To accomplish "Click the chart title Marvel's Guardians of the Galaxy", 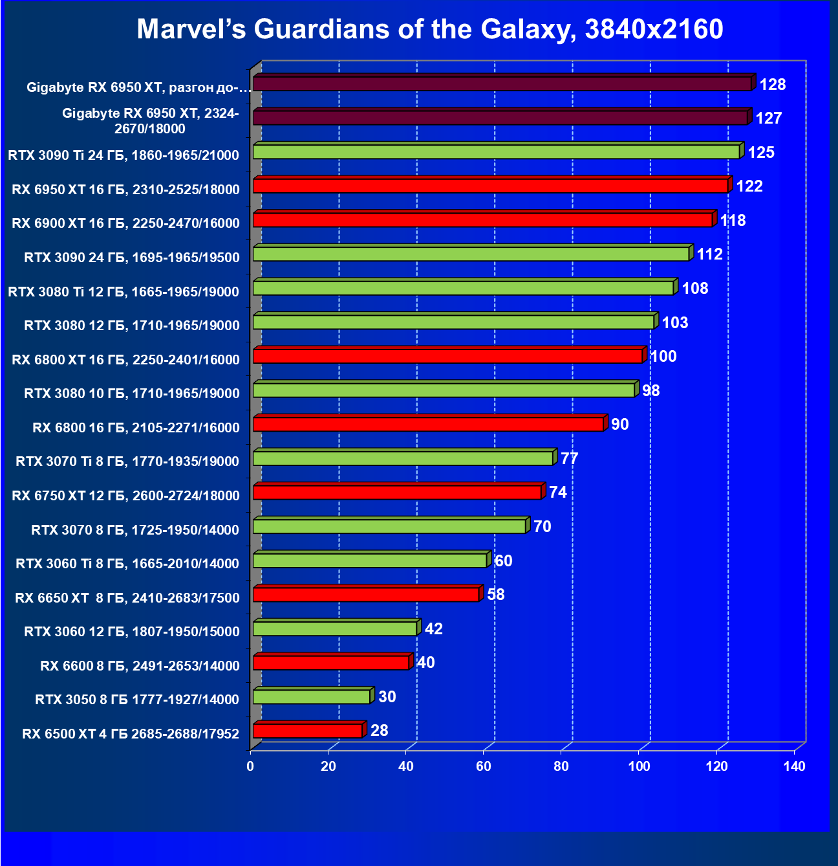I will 429,29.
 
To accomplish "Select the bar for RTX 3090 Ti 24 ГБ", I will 496,151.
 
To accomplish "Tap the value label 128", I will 772,84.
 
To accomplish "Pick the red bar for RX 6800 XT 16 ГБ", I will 447,356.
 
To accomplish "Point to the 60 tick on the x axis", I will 483,766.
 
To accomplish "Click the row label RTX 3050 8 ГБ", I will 137,699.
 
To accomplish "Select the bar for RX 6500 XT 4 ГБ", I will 308,731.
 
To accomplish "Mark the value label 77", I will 569,458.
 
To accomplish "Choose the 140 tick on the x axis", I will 794,766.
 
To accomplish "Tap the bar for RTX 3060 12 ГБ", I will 334,628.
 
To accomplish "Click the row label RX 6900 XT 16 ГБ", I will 125,223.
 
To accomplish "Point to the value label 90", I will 619,424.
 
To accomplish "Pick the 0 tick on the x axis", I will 250,766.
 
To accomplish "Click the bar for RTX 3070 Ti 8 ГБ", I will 403,458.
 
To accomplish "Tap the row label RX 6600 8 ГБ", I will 140,665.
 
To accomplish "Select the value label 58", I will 495,594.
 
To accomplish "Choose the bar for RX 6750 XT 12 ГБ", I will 397,493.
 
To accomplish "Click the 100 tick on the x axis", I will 639,766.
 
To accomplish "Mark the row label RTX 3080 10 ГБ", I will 132,394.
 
